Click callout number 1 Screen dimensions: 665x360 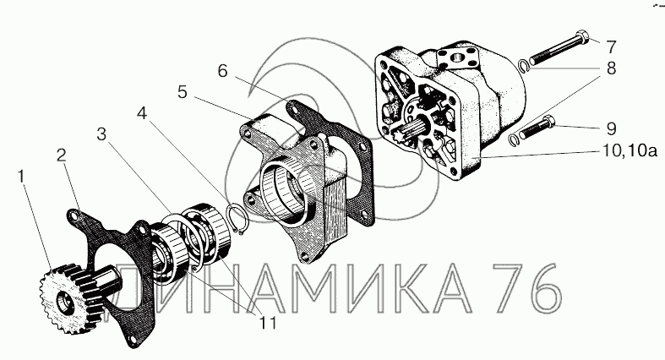click(21, 176)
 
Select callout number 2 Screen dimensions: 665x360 click(62, 155)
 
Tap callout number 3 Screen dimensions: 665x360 click(101, 135)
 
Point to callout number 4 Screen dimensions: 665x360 click(142, 113)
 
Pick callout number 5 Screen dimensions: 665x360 click(183, 92)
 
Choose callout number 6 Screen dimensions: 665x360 click(223, 71)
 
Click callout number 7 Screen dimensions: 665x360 click(610, 46)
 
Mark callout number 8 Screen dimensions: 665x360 click(611, 68)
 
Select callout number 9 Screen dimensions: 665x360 click(611, 128)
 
